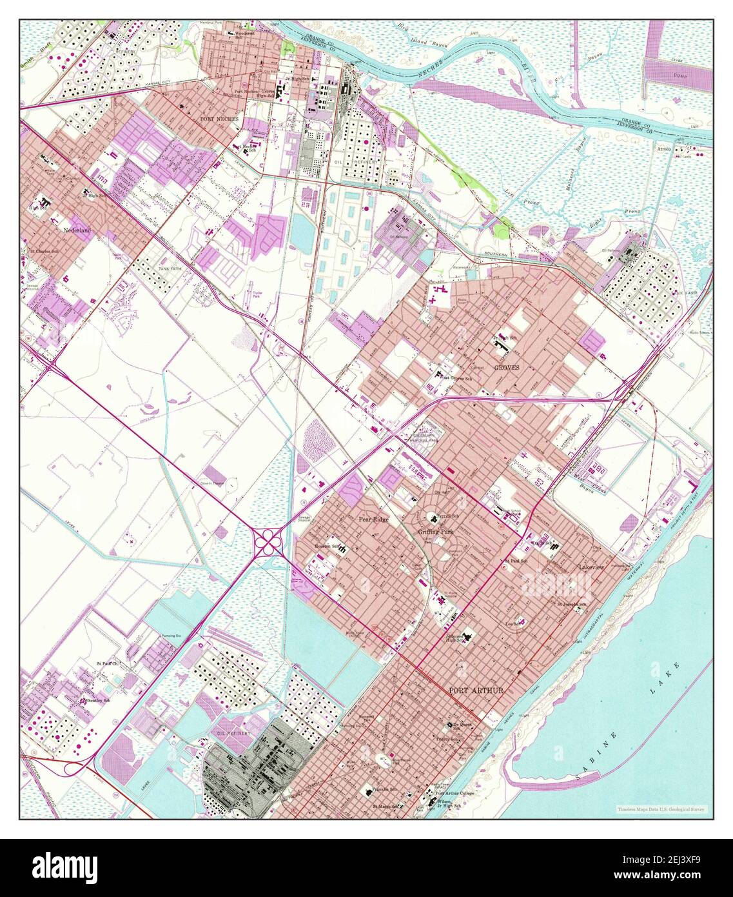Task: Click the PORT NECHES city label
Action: tap(219, 119)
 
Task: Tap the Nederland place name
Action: tap(77, 230)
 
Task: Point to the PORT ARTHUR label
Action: tap(476, 690)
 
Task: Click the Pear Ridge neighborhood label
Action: tap(374, 518)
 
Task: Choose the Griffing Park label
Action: tap(436, 531)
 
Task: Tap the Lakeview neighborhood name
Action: tap(591, 567)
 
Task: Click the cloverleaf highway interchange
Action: tap(267, 542)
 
